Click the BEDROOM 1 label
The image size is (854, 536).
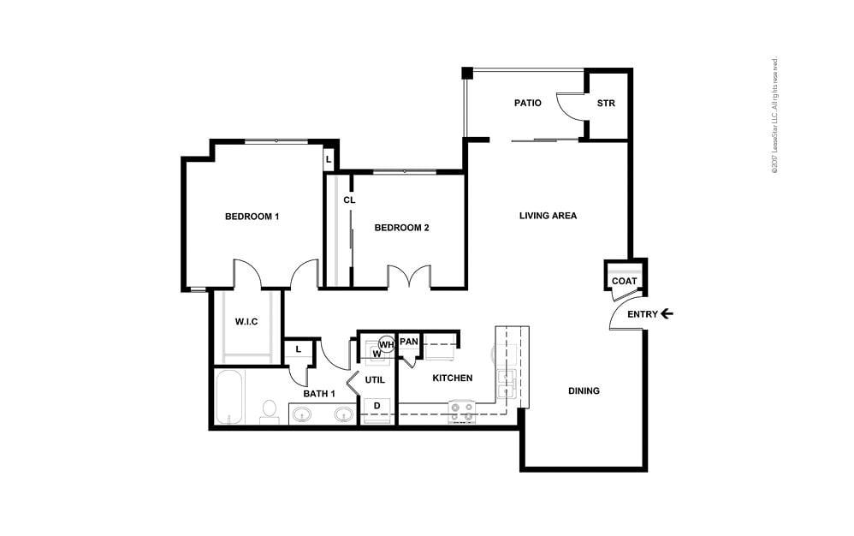(252, 217)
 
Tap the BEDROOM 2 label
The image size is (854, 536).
(401, 228)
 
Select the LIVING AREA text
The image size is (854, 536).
(548, 216)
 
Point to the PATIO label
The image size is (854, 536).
(527, 103)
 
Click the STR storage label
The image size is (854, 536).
(606, 104)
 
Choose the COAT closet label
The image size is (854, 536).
(624, 281)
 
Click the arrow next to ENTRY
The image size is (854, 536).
(667, 314)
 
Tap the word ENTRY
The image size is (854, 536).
(643, 314)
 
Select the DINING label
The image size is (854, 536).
(584, 391)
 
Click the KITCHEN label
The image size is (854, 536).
(452, 378)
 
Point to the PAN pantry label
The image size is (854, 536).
(409, 342)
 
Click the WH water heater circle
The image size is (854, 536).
(386, 344)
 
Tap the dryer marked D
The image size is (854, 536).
(377, 406)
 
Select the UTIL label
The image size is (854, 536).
(375, 379)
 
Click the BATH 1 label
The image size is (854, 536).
(318, 394)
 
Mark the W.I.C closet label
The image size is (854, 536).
(246, 322)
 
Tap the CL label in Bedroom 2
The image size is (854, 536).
(349, 200)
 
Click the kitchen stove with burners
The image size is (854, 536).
(463, 414)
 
